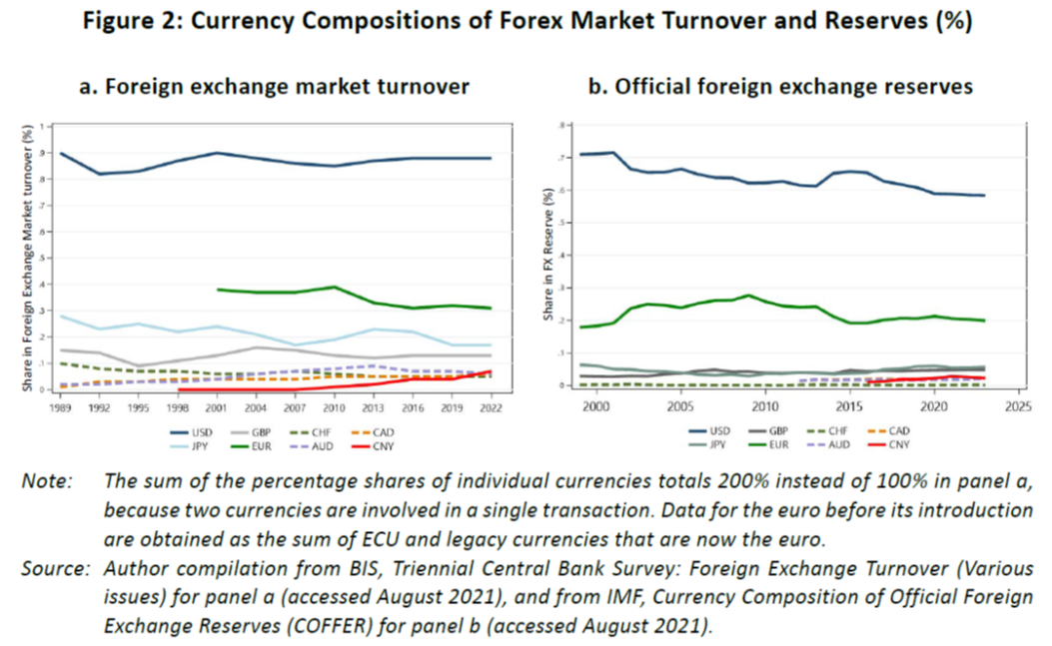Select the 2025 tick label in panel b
pyautogui.click(x=1019, y=408)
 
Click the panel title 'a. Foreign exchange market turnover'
pyautogui.click(x=275, y=87)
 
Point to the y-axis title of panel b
pyautogui.click(x=548, y=255)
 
